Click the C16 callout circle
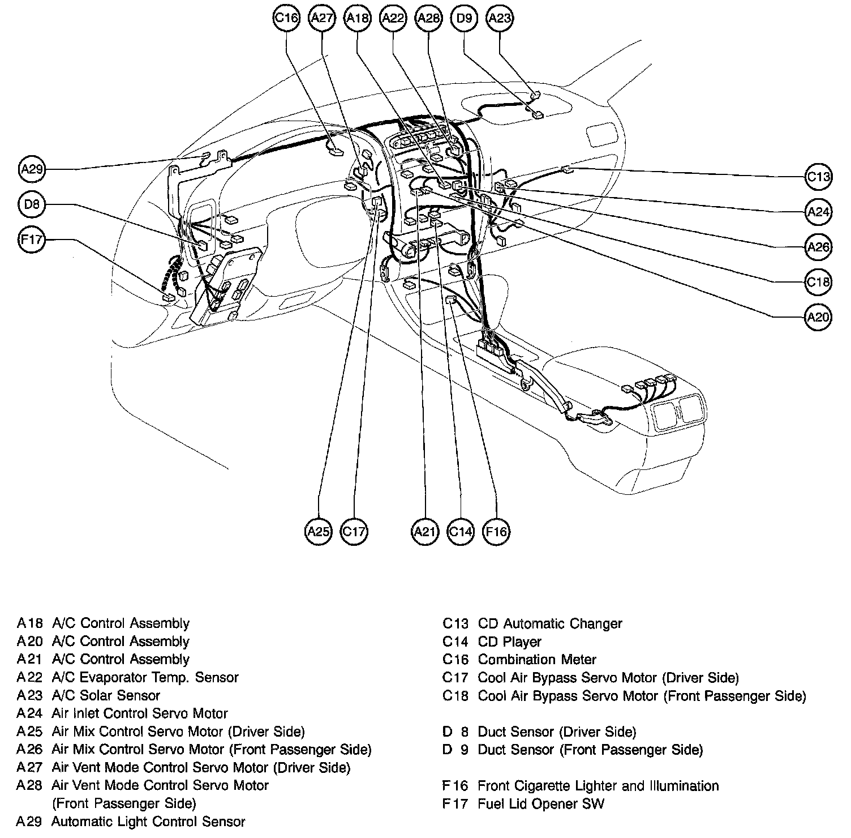pos(286,18)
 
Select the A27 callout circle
pos(322,18)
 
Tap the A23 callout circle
pos(499,18)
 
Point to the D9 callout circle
pos(463,18)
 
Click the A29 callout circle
pos(32,169)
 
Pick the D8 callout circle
pos(32,204)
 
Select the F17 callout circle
pos(32,240)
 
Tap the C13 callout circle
pos(818,177)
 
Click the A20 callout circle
pos(818,317)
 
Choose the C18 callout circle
pos(818,282)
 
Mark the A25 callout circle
pos(318,532)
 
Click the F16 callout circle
pos(496,532)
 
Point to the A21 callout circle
pos(424,532)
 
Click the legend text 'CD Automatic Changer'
pos(550,624)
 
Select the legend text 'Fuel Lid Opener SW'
pos(541,803)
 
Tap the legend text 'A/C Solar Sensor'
pos(106,695)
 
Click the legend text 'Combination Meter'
pos(537,660)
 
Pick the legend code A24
pos(29,713)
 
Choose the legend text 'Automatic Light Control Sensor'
pos(148,822)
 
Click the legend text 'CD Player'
pos(510,642)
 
